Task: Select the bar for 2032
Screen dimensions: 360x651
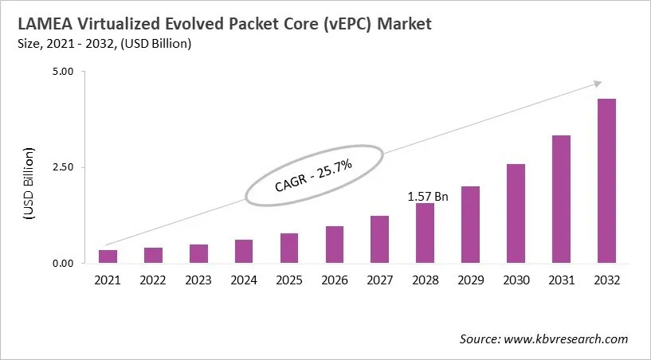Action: pyautogui.click(x=606, y=181)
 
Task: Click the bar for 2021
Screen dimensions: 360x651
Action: pyautogui.click(x=108, y=256)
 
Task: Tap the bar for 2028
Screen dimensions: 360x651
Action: pyautogui.click(x=425, y=233)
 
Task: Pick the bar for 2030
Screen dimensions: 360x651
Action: pyautogui.click(x=516, y=213)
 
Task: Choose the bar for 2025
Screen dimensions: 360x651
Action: pyautogui.click(x=289, y=248)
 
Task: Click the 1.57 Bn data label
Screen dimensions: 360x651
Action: pyautogui.click(x=428, y=196)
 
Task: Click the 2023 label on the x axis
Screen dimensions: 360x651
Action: pyautogui.click(x=198, y=280)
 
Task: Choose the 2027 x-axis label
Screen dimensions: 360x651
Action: pyautogui.click(x=380, y=280)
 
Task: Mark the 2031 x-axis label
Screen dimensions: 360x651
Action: pyautogui.click(x=561, y=280)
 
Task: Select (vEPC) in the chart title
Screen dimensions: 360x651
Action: pyautogui.click(x=340, y=24)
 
